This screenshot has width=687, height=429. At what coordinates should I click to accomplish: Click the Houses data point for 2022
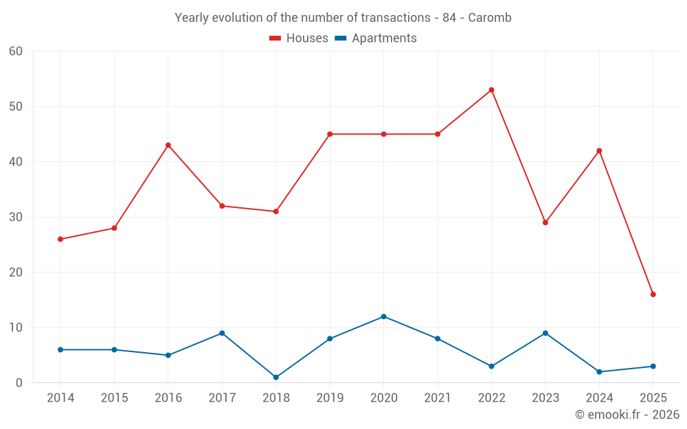click(x=491, y=90)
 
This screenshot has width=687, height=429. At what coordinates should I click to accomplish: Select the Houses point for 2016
click(x=168, y=145)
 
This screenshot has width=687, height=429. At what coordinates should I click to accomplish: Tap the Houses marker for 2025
click(x=653, y=294)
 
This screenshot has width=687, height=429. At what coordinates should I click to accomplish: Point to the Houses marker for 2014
click(x=60, y=239)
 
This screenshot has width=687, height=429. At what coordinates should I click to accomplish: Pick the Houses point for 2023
click(x=545, y=222)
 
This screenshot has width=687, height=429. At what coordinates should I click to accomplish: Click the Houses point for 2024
click(x=599, y=151)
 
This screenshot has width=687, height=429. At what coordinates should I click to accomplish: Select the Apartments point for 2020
click(x=383, y=316)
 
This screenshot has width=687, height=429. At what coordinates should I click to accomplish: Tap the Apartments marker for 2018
click(x=276, y=378)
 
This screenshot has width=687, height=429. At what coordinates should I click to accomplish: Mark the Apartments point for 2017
click(x=222, y=333)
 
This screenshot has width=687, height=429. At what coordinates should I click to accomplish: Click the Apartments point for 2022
click(x=491, y=367)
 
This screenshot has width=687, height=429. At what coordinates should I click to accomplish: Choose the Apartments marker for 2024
click(x=599, y=372)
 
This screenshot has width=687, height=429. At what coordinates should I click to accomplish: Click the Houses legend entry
click(x=299, y=38)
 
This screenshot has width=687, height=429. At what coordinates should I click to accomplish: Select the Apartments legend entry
click(x=376, y=38)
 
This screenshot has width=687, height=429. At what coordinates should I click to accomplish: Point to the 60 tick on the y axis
click(x=16, y=51)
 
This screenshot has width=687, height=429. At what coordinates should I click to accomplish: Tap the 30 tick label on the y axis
click(x=16, y=217)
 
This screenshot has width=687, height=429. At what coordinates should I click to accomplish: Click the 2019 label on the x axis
click(x=330, y=398)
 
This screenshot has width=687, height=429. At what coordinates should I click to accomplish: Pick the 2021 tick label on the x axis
click(x=438, y=398)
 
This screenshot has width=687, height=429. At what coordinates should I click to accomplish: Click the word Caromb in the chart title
click(x=490, y=18)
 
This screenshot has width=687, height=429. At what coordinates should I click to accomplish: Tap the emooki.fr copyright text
click(x=627, y=415)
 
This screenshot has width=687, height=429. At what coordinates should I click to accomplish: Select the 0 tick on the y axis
click(x=19, y=383)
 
